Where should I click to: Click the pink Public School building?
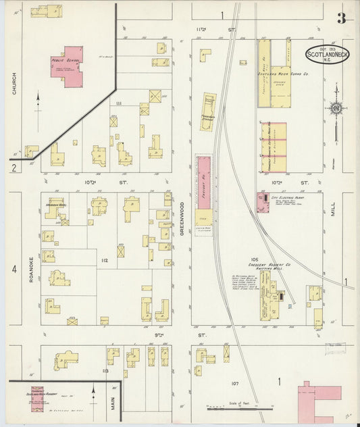(66, 66)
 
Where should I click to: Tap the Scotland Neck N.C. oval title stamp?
(328, 54)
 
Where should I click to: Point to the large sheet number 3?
(342, 18)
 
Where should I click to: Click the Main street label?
(112, 404)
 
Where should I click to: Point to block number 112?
(105, 260)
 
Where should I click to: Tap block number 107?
(234, 384)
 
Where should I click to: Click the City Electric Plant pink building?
(261, 201)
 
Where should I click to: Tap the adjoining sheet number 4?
(14, 270)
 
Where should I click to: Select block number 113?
(105, 371)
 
